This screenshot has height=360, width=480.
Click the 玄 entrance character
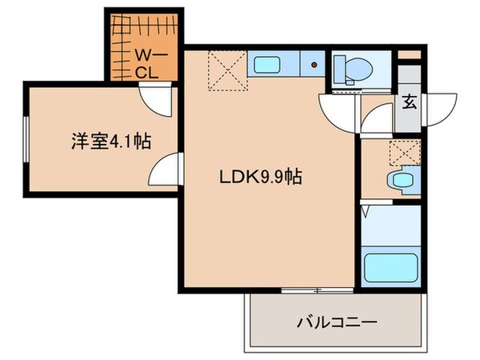[409, 102]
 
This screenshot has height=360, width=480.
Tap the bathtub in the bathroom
[389, 266]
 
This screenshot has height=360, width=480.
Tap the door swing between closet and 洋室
[156, 99]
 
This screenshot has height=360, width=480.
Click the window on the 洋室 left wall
[26, 141]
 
